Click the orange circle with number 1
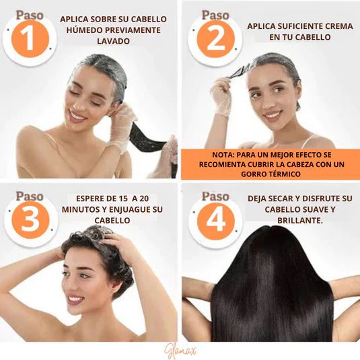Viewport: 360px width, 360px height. coord(30,38)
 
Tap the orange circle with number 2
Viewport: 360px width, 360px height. coord(215,38)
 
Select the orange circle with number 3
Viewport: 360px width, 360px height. coord(30,220)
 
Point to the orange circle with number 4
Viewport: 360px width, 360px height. coord(216,221)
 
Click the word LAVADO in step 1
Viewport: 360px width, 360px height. coord(114,41)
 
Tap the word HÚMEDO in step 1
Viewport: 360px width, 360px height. coord(84,30)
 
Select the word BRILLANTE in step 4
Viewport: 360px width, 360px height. coord(299,221)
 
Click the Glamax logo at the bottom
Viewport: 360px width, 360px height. coord(181,351)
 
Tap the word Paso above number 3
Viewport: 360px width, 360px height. coord(30,196)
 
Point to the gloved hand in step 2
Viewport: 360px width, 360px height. coord(221,96)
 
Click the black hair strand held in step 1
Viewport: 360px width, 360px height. coord(147,137)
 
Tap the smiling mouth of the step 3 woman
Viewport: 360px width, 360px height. coord(75,299)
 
